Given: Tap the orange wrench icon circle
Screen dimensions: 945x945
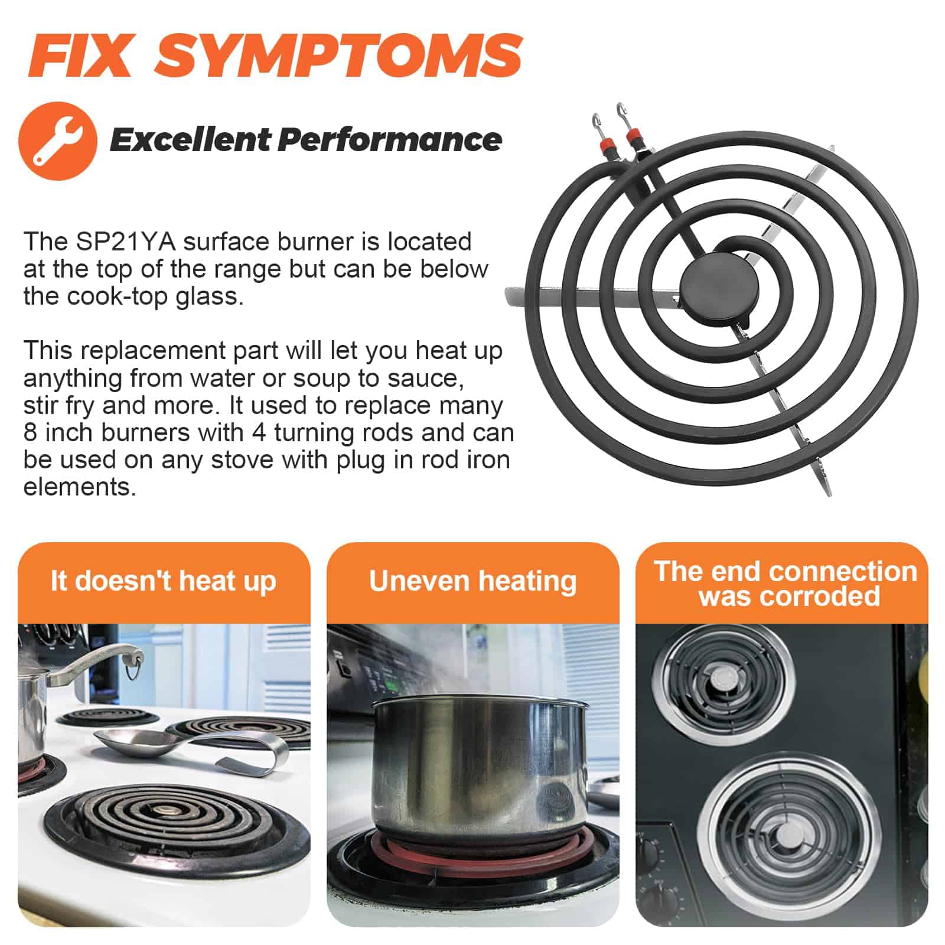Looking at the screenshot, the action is pos(58,141).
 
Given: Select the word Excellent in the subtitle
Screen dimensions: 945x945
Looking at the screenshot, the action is pos(190,140).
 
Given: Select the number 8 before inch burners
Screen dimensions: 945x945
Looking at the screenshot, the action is pos(30,432).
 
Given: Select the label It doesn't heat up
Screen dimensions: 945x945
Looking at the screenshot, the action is pos(164,581).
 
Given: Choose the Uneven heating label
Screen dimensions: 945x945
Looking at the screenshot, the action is pos(472,581).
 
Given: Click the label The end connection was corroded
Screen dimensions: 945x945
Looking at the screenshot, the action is pos(786,584).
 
